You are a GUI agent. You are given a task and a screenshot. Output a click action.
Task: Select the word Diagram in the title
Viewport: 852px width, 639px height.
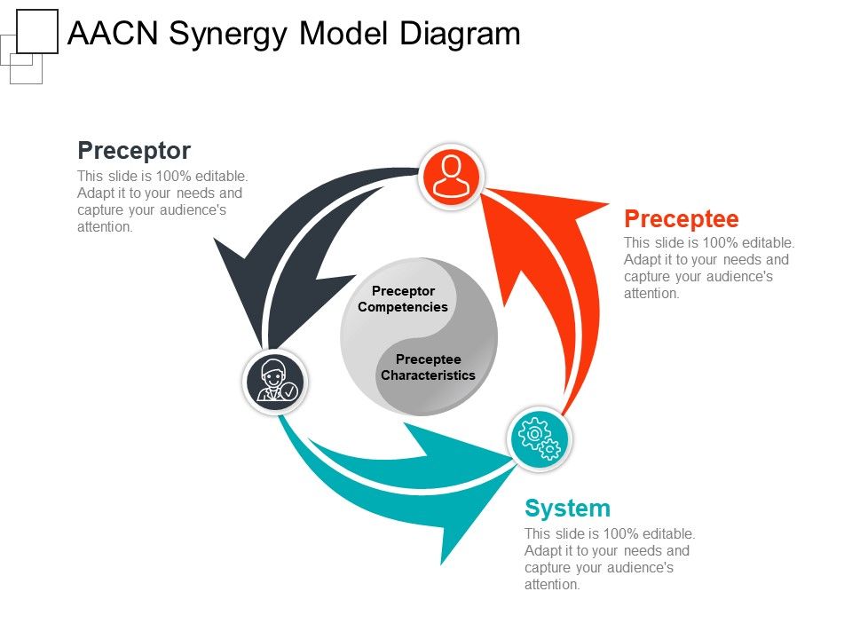click(461, 34)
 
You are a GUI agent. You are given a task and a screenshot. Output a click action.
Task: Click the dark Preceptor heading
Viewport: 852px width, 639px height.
click(134, 151)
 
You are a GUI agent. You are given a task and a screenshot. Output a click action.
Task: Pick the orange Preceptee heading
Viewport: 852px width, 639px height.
click(682, 219)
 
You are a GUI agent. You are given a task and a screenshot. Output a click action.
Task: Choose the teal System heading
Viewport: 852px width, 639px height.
click(567, 509)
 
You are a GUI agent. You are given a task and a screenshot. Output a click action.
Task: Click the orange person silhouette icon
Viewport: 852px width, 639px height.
click(451, 176)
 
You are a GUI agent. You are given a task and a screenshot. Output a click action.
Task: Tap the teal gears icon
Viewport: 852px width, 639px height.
click(539, 438)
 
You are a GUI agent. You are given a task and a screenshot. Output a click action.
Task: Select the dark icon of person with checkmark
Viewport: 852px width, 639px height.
click(275, 382)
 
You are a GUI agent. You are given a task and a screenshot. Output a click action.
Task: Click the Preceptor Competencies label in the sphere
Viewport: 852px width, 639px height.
click(403, 299)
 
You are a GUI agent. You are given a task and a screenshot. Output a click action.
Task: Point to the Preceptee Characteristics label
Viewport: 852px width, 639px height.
click(428, 367)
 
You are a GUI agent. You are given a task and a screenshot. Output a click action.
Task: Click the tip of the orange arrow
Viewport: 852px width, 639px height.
click(608, 204)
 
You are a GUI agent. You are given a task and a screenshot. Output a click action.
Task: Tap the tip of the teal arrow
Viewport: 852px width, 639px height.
click(442, 564)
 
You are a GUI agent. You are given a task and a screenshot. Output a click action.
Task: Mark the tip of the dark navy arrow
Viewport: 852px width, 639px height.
click(215, 239)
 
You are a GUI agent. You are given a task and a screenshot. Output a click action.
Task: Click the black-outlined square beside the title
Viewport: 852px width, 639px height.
click(37, 32)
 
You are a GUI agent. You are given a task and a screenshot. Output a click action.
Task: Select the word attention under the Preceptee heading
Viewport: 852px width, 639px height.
click(651, 294)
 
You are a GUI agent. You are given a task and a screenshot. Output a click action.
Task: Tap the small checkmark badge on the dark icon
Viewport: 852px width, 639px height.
click(289, 390)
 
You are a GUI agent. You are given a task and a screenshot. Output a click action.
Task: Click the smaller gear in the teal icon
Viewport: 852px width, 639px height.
click(550, 449)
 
